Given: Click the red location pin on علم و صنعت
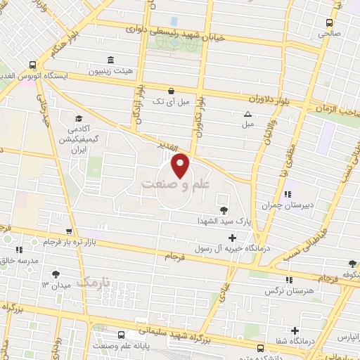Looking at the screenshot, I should (181, 165).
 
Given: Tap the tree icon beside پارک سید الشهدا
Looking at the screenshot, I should (224, 210).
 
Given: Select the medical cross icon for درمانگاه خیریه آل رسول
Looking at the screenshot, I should (233, 237).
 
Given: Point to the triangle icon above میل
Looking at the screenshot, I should (247, 114).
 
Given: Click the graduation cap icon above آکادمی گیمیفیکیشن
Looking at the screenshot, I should (79, 117).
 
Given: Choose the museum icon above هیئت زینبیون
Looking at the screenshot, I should (109, 60).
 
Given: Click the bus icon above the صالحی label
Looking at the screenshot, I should (329, 21).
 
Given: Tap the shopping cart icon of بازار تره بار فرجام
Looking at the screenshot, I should (68, 231).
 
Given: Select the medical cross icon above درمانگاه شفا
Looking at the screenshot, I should (295, 330).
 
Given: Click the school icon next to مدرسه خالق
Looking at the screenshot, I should (19, 250).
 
